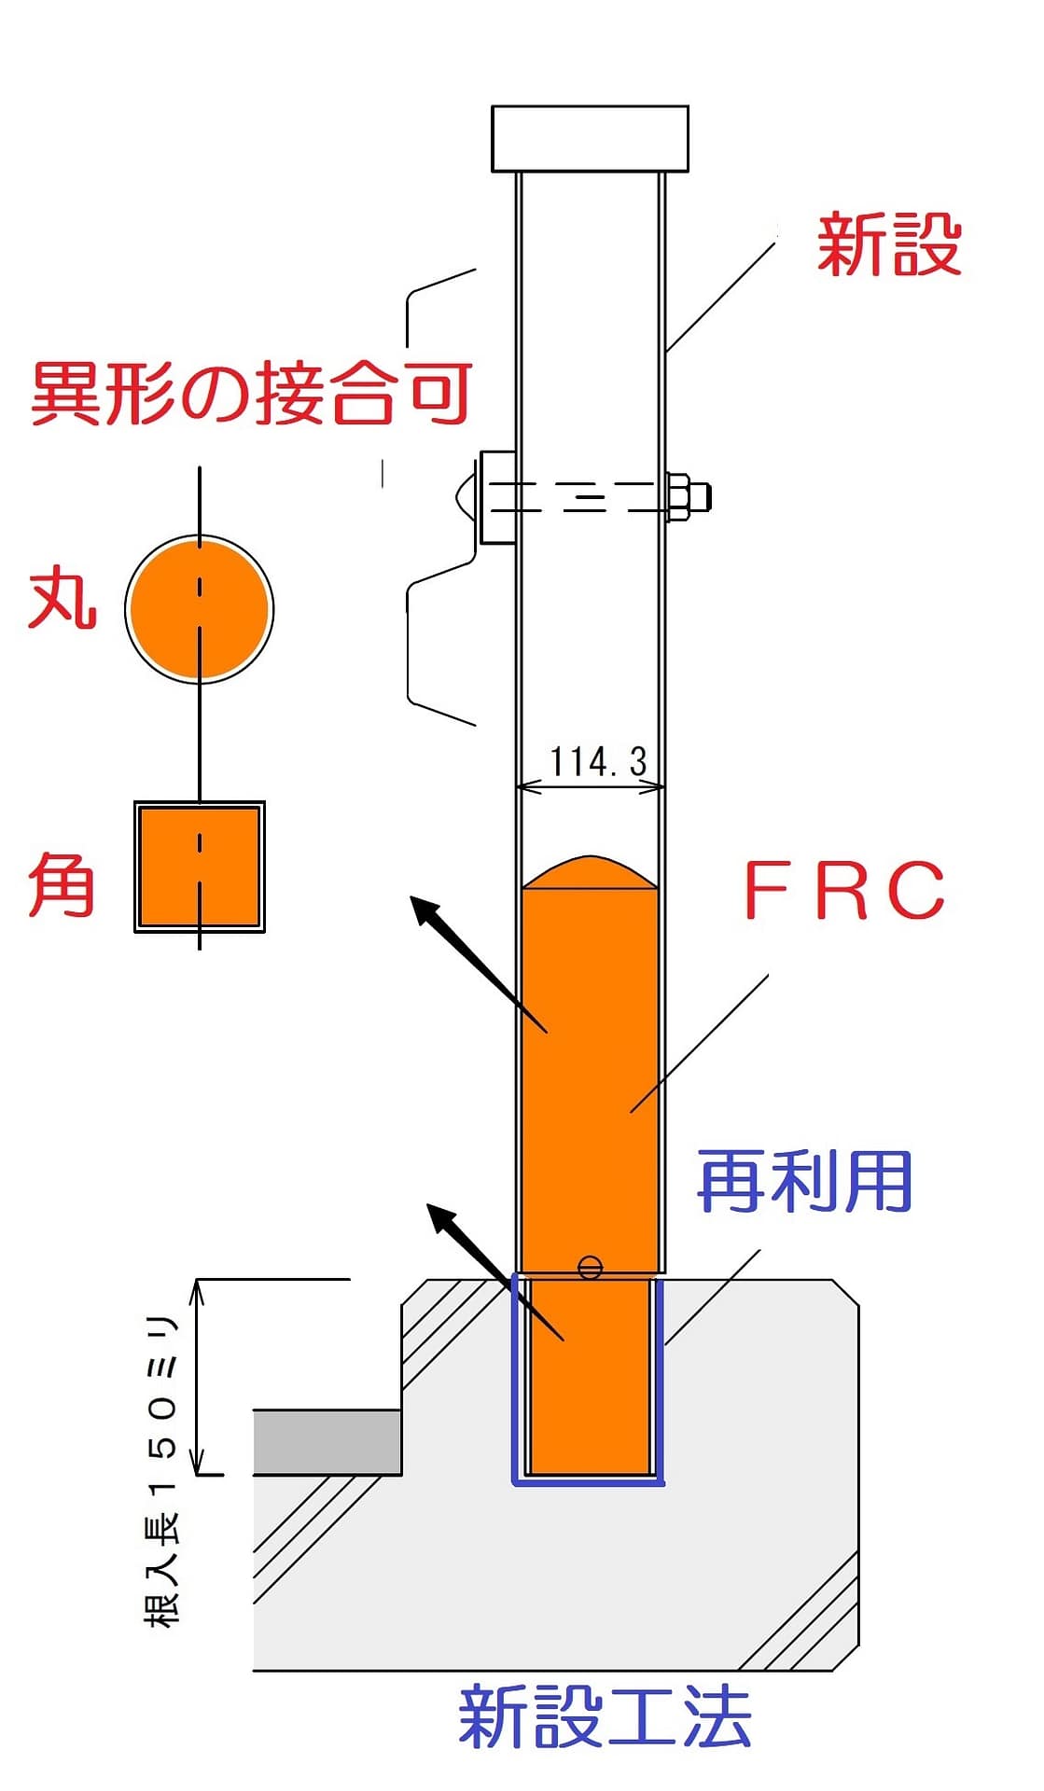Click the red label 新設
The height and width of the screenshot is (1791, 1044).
click(888, 244)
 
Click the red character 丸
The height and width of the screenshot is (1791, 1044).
click(63, 600)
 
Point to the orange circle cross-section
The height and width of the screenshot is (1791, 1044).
click(199, 608)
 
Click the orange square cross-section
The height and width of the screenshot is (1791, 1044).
click(199, 867)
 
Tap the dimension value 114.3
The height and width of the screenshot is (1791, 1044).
click(598, 761)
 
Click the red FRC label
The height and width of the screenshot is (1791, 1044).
click(844, 890)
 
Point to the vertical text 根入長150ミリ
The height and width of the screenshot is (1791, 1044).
click(160, 1471)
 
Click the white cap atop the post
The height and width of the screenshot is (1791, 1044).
click(590, 139)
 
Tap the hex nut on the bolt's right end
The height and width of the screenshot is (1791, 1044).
click(679, 496)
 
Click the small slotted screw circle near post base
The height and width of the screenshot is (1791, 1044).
click(590, 1268)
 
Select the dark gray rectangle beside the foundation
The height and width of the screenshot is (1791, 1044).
click(327, 1442)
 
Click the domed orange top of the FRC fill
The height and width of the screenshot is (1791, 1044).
click(590, 872)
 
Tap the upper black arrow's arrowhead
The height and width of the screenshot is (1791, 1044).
click(426, 911)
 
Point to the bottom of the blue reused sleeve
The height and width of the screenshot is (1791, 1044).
click(588, 1479)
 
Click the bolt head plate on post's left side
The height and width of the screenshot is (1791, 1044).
click(497, 497)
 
